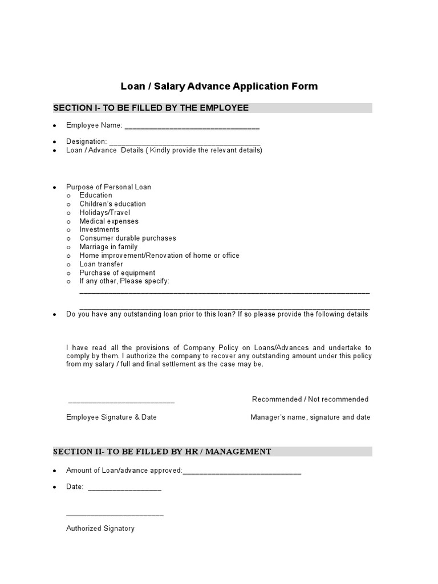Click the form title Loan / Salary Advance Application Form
[x=219, y=87]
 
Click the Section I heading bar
[x=212, y=108]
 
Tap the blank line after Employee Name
[x=192, y=127]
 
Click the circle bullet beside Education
[x=68, y=196]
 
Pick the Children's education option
[x=112, y=204]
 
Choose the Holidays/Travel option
[x=104, y=213]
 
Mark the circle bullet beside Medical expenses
[x=68, y=221]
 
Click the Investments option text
[x=99, y=230]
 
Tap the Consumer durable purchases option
[x=128, y=238]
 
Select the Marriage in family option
[x=108, y=247]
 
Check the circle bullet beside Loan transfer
[x=68, y=265]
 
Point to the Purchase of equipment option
[x=117, y=273]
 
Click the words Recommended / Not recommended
[x=310, y=399]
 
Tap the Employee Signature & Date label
[x=111, y=417]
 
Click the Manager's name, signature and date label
[x=310, y=417]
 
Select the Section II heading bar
[x=212, y=452]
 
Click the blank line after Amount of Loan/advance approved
[x=242, y=472]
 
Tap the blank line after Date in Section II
[x=125, y=489]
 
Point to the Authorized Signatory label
[x=100, y=529]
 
